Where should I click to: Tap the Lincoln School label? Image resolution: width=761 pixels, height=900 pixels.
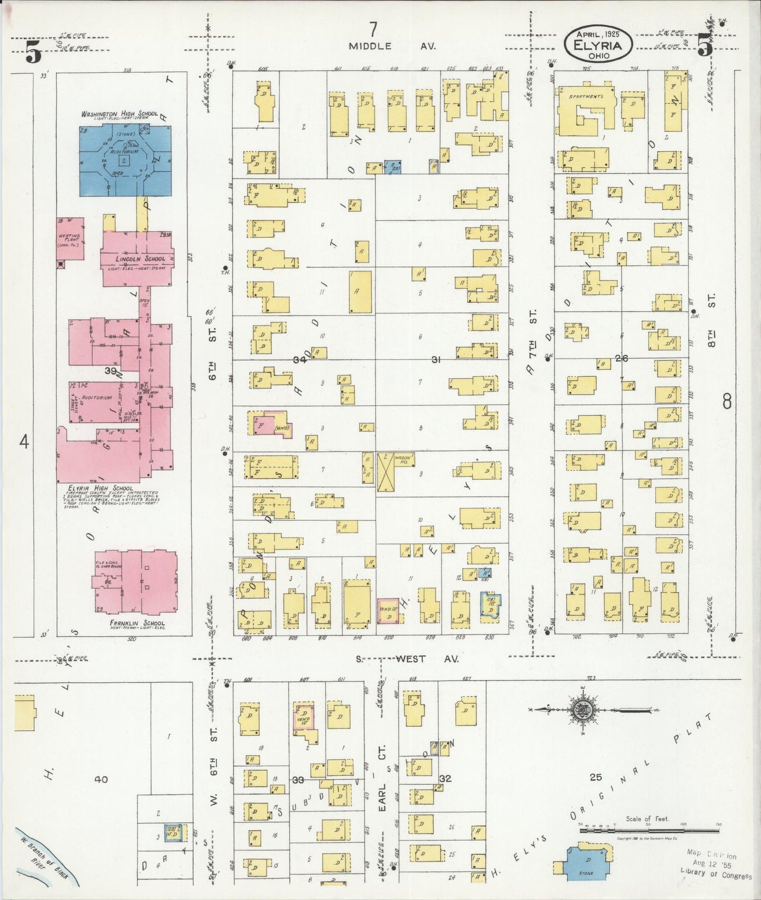pos(140,258)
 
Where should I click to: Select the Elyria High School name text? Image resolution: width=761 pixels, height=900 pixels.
pos(100,488)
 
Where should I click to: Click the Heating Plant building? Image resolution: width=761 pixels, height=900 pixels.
pos(70,239)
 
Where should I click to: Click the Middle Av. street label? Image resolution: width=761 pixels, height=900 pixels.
pos(392,46)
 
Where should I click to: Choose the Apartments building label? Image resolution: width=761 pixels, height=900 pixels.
pos(586,97)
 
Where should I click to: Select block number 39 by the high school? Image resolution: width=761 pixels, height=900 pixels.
pos(111,371)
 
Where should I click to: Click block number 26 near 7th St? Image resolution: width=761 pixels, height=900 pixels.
pos(621,358)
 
